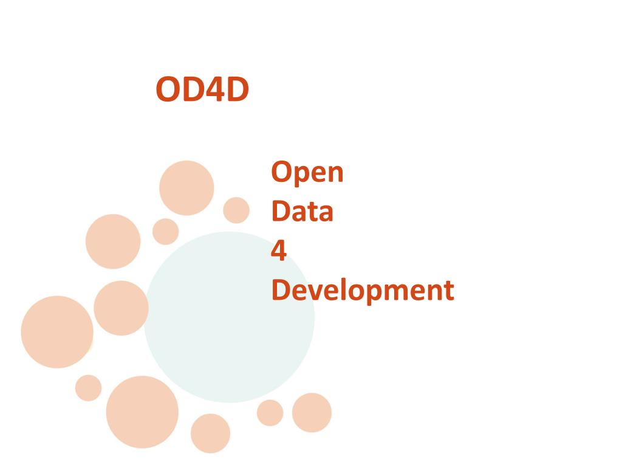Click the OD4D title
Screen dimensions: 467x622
click(x=202, y=89)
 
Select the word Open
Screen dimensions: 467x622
click(x=307, y=172)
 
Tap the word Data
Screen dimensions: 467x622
click(x=302, y=211)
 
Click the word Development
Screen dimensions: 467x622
click(x=363, y=290)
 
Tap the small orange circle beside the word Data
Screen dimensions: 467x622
click(x=236, y=210)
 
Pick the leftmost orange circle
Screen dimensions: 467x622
click(x=57, y=332)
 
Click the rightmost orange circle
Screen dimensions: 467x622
click(x=312, y=413)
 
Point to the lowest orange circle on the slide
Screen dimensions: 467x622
click(x=210, y=434)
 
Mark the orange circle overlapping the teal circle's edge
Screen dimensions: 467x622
click(x=121, y=308)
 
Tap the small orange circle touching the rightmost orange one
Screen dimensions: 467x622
click(x=270, y=413)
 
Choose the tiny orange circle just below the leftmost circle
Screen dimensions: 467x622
click(x=89, y=388)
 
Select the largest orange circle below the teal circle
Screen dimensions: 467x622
click(x=142, y=412)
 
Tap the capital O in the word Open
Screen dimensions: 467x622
click(x=281, y=172)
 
